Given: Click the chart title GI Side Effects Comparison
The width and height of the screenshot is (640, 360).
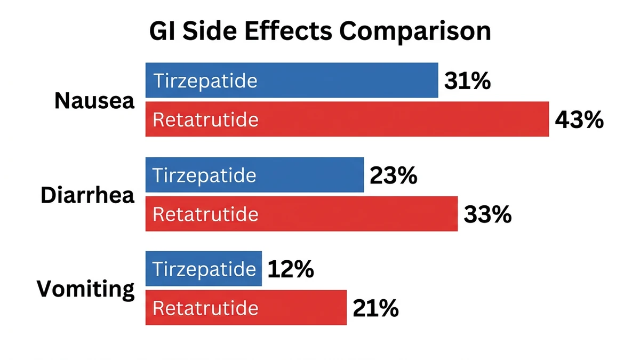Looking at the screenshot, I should (x=319, y=31).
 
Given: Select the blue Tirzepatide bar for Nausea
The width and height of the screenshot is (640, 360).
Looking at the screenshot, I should (x=292, y=81).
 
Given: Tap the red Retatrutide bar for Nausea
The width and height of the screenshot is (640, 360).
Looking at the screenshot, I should (x=347, y=119).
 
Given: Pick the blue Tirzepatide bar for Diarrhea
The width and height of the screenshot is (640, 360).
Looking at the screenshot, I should (x=254, y=175).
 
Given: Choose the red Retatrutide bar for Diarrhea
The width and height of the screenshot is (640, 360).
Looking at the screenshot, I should (x=301, y=214).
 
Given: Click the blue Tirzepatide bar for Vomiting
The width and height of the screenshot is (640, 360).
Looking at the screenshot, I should (x=204, y=269).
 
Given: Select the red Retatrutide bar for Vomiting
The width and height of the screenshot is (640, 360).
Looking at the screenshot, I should (x=246, y=308).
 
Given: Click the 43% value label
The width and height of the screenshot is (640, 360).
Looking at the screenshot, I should (x=579, y=121).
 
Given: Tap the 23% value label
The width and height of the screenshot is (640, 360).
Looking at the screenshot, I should (x=393, y=176).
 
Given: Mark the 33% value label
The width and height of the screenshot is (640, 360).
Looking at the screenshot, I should (x=487, y=215).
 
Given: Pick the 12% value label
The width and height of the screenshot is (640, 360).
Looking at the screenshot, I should (x=290, y=270).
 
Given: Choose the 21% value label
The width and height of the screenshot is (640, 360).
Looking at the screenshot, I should (x=375, y=309).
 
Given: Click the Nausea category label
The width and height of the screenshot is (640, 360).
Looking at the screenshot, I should (x=94, y=101).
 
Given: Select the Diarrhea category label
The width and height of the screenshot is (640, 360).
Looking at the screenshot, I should (x=87, y=195).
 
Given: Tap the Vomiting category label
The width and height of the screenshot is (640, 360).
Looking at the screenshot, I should (x=85, y=290).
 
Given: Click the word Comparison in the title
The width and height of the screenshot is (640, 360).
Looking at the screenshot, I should (x=415, y=31).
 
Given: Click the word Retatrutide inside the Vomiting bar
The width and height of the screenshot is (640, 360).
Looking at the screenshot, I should (x=205, y=308).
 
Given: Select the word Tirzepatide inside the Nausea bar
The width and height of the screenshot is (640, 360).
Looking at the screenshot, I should (x=205, y=81).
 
